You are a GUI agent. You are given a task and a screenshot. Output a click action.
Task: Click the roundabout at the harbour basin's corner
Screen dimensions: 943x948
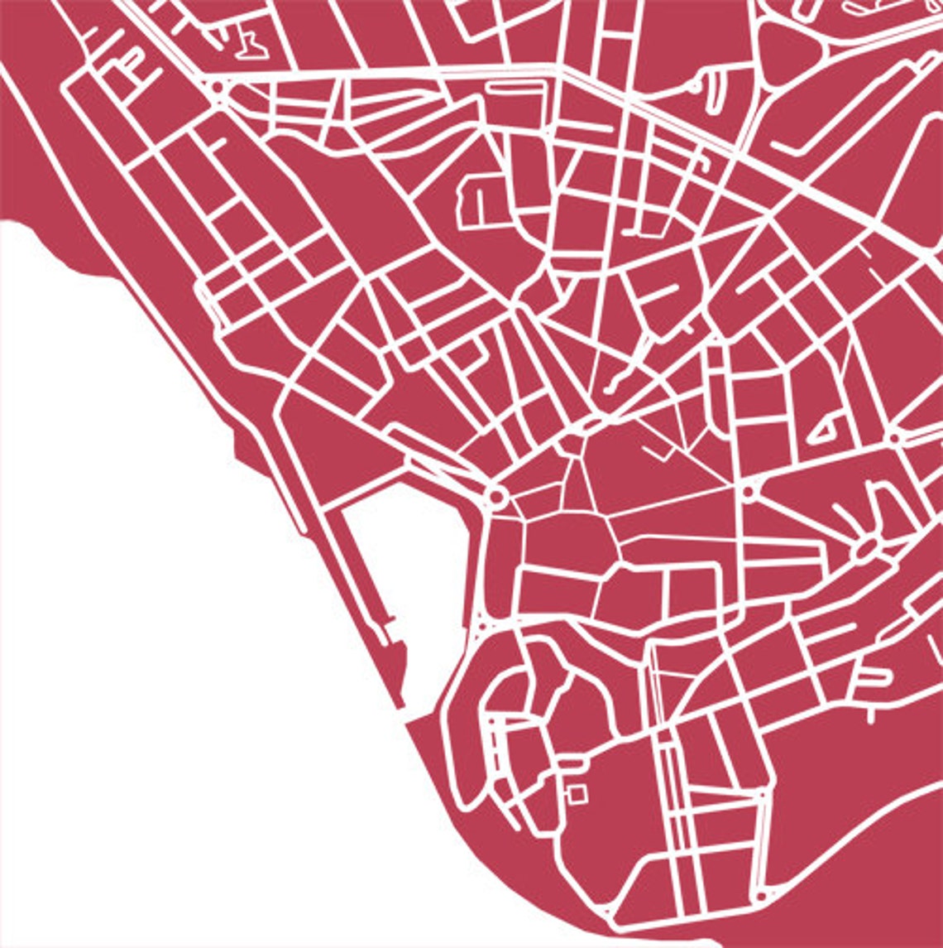click(497, 497)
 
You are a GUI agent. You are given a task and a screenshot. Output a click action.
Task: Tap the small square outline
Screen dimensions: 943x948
click(577, 793)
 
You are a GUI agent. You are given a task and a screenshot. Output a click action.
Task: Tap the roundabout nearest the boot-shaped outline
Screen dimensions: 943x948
click(217, 86)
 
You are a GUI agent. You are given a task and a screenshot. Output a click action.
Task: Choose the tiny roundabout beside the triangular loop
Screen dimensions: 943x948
click(894, 436)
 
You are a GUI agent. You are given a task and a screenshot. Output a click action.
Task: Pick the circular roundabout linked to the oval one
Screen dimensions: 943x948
click(749, 492)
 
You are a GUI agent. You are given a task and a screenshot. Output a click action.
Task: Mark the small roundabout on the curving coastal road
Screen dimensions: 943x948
click(760, 896)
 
